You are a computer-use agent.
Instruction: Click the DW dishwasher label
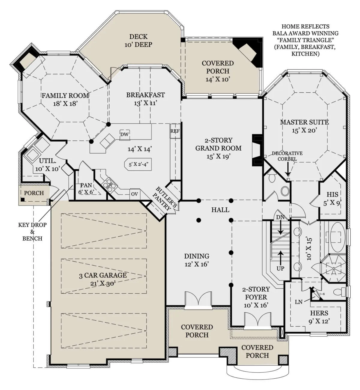coord(124,134)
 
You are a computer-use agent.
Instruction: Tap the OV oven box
coord(134,194)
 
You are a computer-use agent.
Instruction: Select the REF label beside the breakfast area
coord(175,131)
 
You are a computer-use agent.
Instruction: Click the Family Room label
coord(65,96)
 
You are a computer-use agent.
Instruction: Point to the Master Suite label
coord(304,122)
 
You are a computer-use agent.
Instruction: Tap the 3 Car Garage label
coord(103,275)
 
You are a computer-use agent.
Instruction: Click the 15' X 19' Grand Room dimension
coord(218,156)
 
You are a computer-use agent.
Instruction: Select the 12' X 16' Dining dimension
coord(196,264)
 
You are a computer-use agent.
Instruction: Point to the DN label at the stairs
coord(280,217)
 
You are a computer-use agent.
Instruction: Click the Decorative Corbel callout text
coord(287,156)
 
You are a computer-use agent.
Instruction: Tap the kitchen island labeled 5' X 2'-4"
coord(138,164)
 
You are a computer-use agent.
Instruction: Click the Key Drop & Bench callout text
coord(32,232)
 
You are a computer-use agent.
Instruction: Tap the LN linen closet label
coord(298,302)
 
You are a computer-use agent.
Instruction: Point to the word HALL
coord(220,210)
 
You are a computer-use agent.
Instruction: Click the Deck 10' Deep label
coord(139,40)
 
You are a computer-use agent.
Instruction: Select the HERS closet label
coord(319,313)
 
